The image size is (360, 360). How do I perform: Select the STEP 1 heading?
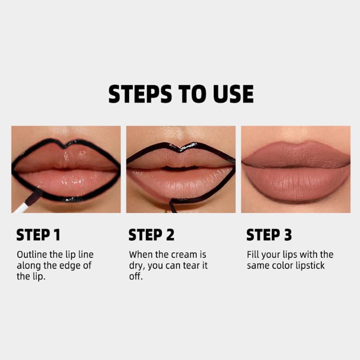(x=38, y=235)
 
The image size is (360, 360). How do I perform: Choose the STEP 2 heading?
(x=151, y=235)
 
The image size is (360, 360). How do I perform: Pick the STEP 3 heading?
(x=269, y=235)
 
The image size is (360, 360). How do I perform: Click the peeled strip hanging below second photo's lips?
(x=172, y=206)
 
